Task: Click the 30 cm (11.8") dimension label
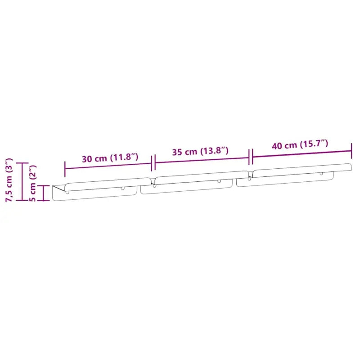tap(110, 158)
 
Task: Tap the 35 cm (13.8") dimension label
tap(200, 151)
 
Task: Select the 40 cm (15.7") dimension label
tap(300, 145)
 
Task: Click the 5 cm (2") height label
tap(33, 184)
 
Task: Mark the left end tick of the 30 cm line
tap(65, 169)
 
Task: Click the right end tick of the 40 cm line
tap(351, 148)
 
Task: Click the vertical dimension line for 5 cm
tap(43, 193)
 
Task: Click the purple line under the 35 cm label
tap(202, 159)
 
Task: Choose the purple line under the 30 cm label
tap(108, 166)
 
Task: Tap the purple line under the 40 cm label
tap(301, 152)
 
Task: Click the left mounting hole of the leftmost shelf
tap(67, 191)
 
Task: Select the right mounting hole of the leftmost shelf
tap(122, 188)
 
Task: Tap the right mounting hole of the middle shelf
tap(219, 181)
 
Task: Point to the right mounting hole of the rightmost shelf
tap(321, 174)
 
